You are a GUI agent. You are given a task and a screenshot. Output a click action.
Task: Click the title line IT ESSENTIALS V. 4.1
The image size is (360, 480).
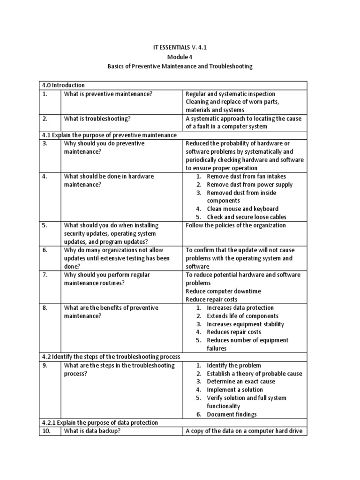pyautogui.click(x=180, y=47)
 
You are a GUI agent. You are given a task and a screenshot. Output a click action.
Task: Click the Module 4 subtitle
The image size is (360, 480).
pyautogui.click(x=180, y=57)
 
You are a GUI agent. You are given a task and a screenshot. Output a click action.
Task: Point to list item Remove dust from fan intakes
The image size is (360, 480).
pyautogui.click(x=246, y=176)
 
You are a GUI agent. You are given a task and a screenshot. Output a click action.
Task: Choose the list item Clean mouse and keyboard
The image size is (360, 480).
pyautogui.click(x=242, y=209)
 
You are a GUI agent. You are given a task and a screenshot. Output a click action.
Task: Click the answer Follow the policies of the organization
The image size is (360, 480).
pyautogui.click(x=236, y=225)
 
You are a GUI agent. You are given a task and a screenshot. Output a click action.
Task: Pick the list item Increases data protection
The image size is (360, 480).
pyautogui.click(x=240, y=307)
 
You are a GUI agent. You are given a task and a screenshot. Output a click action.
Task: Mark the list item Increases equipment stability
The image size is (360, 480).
pyautogui.click(x=245, y=324)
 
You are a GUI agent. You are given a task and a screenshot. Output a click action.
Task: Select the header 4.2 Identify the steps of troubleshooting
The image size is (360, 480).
pyautogui.click(x=110, y=357)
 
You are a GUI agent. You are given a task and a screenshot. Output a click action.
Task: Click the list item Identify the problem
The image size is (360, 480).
pyautogui.click(x=234, y=365)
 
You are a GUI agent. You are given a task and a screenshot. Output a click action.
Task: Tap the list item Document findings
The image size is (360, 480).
pyautogui.click(x=232, y=414)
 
